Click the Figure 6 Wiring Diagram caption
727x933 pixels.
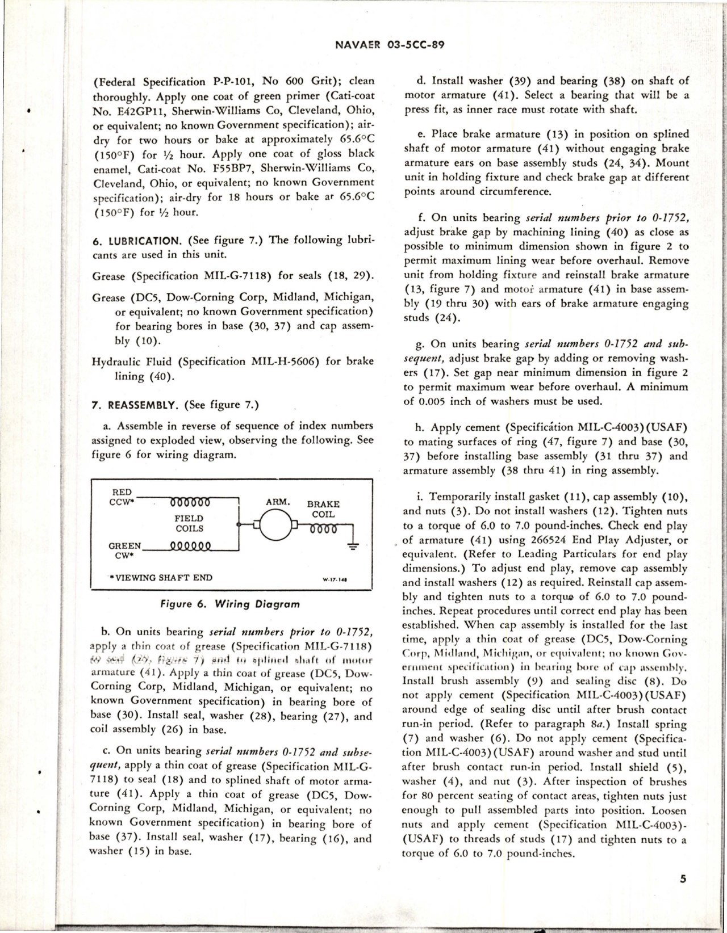pos(230,604)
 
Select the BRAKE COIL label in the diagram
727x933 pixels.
pos(323,509)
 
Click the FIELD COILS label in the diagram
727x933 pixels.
pos(189,523)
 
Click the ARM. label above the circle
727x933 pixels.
pos(278,502)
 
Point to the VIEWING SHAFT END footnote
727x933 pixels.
pos(162,578)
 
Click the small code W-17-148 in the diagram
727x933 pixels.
pos(335,581)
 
